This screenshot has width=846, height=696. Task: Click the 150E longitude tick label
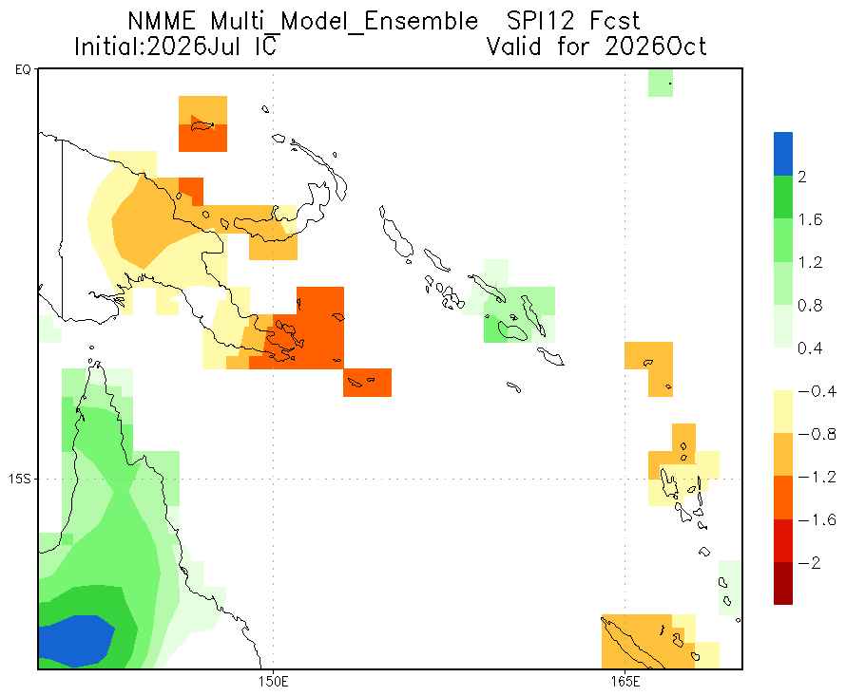coord(273,682)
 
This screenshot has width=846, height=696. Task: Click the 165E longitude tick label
coord(625,682)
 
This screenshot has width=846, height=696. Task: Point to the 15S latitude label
coord(19,479)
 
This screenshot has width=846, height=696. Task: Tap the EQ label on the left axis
coord(23,69)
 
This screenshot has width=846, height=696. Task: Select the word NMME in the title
coord(162,22)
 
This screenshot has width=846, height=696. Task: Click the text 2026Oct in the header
coord(655,47)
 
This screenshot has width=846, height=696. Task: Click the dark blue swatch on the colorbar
coord(783,154)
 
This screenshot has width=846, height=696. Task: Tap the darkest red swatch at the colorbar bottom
coord(783,583)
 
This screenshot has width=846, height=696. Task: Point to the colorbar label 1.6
coord(811,219)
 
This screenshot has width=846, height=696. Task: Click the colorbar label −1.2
coord(817,477)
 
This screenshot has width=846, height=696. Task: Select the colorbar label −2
coord(809,563)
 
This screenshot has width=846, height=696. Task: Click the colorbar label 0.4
coord(811,348)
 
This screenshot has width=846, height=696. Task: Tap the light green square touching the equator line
coord(661,83)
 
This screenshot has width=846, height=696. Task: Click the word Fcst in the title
coord(614,22)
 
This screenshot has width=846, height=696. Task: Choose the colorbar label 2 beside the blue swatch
coord(803,177)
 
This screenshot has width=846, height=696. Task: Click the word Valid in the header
coord(514,47)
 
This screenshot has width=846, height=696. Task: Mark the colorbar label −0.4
coord(817,391)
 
